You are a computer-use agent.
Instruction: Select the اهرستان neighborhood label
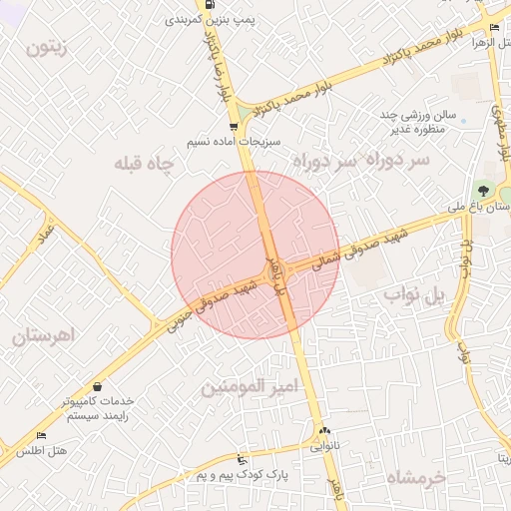pyautogui.click(x=45, y=335)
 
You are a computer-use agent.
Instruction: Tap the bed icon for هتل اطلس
pyautogui.click(x=41, y=436)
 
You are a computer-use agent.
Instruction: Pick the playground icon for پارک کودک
pyautogui.click(x=241, y=460)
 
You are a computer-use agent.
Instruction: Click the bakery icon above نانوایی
pyautogui.click(x=323, y=431)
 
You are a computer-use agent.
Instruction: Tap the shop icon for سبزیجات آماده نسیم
pyautogui.click(x=234, y=127)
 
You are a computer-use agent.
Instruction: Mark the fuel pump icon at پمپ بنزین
pyautogui.click(x=209, y=4)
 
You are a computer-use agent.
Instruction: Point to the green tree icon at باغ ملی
pyautogui.click(x=484, y=190)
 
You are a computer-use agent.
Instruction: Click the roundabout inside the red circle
pyautogui.click(x=275, y=269)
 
